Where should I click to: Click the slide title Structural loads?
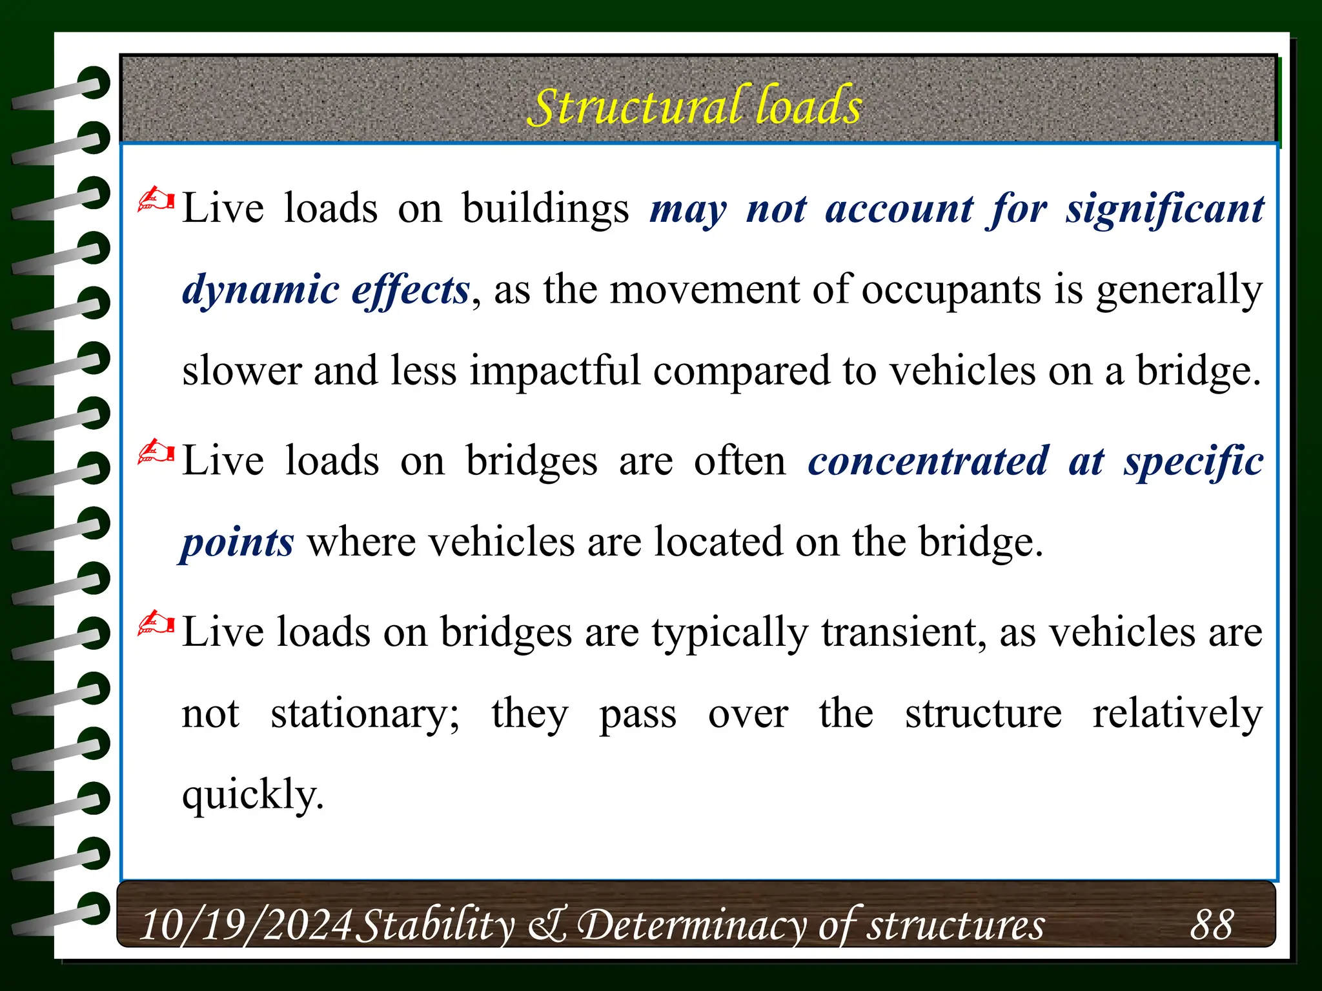pyautogui.click(x=695, y=106)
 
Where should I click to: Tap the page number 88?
pyautogui.click(x=1212, y=924)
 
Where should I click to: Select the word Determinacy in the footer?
pyautogui.click(x=691, y=925)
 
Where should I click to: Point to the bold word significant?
pyautogui.click(x=1164, y=209)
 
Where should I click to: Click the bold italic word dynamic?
pyautogui.click(x=260, y=290)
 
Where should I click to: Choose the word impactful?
pyautogui.click(x=554, y=371)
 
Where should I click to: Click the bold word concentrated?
pyautogui.click(x=928, y=461)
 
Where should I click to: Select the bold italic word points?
pyautogui.click(x=238, y=542)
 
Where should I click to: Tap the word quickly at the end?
pyautogui.click(x=252, y=794)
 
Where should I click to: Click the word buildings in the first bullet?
pyautogui.click(x=545, y=209)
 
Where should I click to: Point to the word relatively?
pyautogui.click(x=1177, y=714)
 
